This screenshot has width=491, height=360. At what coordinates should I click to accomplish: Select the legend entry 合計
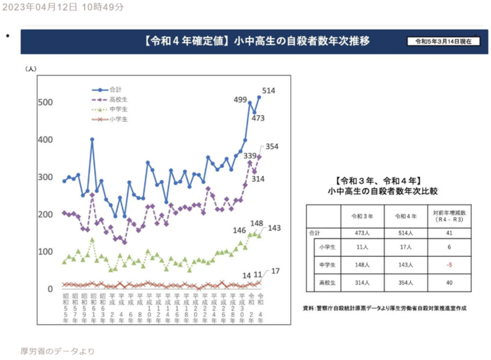(x=115, y=89)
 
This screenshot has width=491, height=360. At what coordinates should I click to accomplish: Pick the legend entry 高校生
(x=118, y=99)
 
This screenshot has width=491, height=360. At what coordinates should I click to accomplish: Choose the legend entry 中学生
(x=118, y=109)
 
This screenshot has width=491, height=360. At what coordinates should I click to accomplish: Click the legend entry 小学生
(x=118, y=119)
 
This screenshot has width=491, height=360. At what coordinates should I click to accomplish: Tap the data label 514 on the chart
(x=270, y=91)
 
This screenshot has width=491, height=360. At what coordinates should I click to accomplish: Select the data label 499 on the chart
(x=240, y=99)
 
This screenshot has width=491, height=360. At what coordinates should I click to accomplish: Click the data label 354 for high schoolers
(x=272, y=146)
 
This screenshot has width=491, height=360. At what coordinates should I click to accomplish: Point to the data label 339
(x=251, y=155)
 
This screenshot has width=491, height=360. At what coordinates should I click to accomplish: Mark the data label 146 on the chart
(x=240, y=230)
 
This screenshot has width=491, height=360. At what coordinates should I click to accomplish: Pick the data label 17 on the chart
(x=274, y=271)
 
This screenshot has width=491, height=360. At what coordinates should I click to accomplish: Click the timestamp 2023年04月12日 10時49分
(x=62, y=7)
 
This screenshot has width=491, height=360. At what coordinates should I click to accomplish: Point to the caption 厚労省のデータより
(x=57, y=351)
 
